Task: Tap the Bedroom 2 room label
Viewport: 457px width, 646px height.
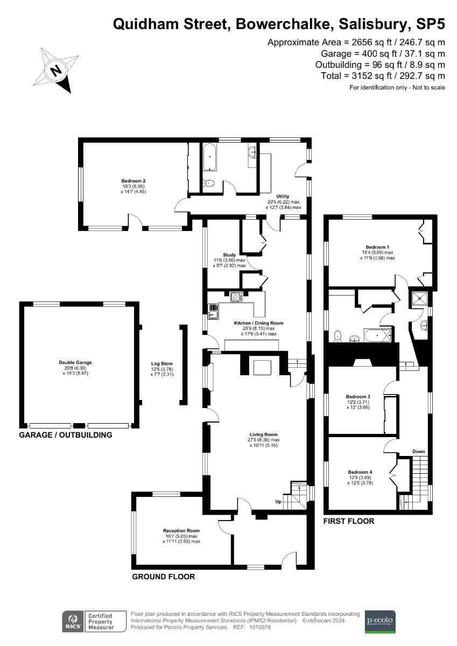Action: (x=133, y=181)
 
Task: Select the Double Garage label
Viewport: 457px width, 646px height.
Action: (x=79, y=363)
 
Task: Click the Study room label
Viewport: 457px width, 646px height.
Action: (x=230, y=255)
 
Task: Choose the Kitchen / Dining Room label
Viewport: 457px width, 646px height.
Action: (x=258, y=323)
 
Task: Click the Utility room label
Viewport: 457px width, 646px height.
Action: (x=283, y=196)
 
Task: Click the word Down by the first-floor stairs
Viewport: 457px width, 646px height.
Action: (x=419, y=451)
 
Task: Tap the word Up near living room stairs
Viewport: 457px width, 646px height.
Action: (x=278, y=502)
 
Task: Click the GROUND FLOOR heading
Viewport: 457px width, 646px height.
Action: (x=164, y=577)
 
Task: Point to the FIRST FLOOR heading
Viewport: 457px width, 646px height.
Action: (x=348, y=521)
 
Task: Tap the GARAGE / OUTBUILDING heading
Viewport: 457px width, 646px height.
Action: (x=66, y=435)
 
